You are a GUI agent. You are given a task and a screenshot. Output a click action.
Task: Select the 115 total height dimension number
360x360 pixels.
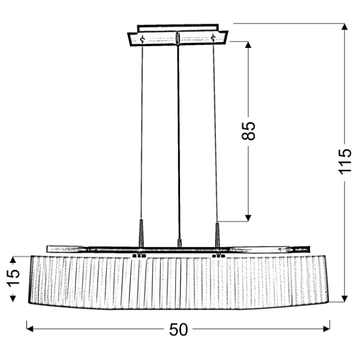point(344,161)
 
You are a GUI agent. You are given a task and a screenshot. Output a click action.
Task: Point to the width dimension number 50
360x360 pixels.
point(178,329)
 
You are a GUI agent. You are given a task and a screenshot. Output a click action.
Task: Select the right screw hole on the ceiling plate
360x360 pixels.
point(214,39)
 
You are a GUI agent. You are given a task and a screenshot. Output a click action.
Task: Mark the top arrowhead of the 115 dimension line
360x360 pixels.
point(344,27)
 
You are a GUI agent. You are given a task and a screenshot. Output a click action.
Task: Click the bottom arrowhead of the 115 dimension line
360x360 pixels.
point(344,298)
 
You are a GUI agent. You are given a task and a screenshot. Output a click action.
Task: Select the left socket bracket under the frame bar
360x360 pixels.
point(139,256)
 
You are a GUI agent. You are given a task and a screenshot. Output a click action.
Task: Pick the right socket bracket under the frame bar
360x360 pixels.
point(219,256)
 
